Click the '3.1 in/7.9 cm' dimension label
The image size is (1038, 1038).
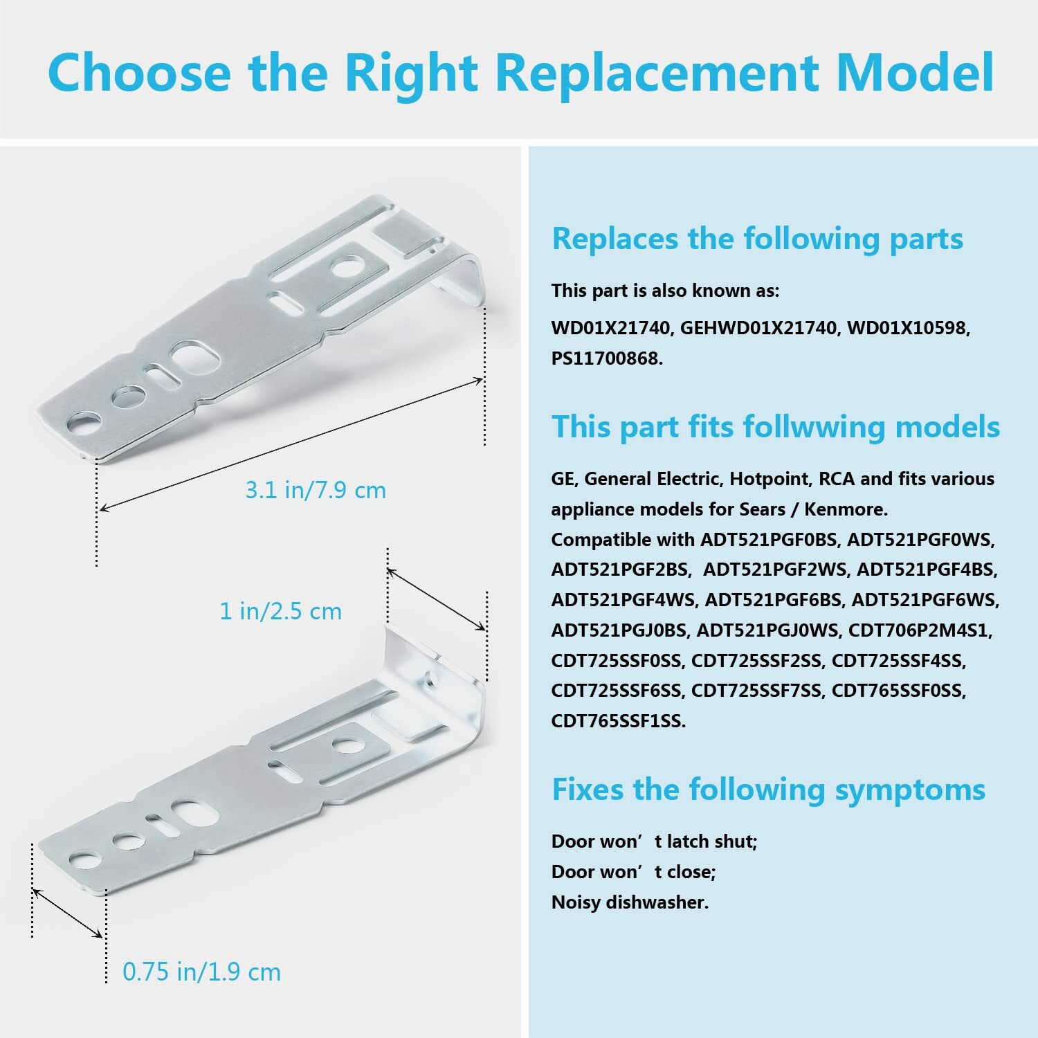tap(316, 491)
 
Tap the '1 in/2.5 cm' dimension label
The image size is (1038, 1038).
tap(280, 612)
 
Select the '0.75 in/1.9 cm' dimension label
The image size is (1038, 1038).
tap(201, 972)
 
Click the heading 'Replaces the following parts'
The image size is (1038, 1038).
tap(757, 239)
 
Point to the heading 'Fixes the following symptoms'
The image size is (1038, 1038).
tap(768, 789)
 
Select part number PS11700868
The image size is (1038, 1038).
tap(606, 358)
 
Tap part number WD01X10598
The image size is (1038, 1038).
tap(908, 328)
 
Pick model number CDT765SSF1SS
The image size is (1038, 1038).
tap(618, 721)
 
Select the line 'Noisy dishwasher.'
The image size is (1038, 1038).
tap(630, 902)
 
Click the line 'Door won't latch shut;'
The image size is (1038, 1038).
tap(654, 841)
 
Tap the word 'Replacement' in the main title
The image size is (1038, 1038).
tap(657, 72)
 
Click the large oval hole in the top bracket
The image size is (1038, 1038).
tap(195, 358)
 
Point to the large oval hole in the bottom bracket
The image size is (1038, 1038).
tap(186, 809)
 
